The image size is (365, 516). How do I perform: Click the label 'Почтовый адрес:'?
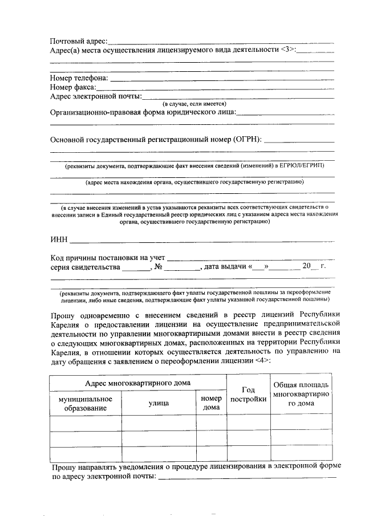(x=79, y=41)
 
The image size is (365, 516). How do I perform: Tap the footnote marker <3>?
(x=288, y=50)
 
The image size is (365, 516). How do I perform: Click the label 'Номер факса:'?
(x=73, y=87)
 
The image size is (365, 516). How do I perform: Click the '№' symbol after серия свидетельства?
(x=159, y=266)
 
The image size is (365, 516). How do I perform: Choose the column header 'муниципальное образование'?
(x=86, y=404)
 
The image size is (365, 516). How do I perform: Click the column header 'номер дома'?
(x=212, y=404)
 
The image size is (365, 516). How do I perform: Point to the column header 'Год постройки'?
(x=248, y=394)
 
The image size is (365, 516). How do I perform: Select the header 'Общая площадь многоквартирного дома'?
(x=302, y=394)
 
